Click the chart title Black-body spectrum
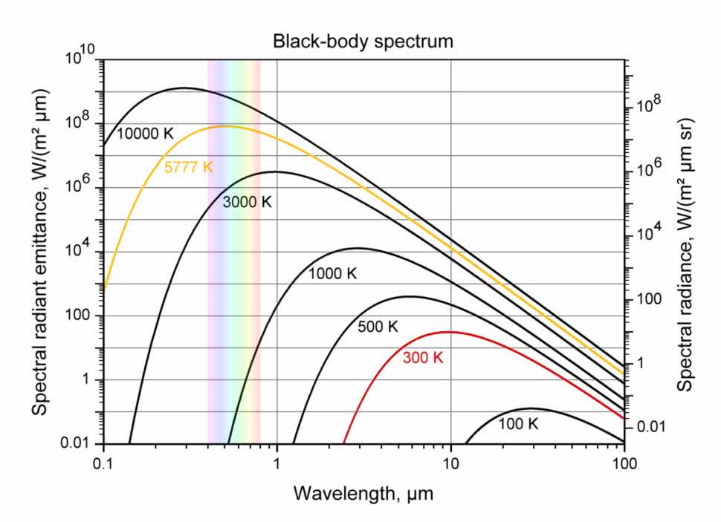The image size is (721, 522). [x=363, y=42]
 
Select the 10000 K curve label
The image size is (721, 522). [x=145, y=134]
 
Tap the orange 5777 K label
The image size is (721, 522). [x=188, y=167]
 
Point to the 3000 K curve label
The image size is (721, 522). [x=248, y=201]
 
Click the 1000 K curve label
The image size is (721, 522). [x=333, y=273]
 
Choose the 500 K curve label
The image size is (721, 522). [x=378, y=327]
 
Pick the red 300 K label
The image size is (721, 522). [x=422, y=358]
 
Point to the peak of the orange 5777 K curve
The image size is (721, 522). [x=224, y=126]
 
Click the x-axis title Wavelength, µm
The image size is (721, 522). [x=363, y=493]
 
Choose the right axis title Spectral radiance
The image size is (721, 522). [x=685, y=252]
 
